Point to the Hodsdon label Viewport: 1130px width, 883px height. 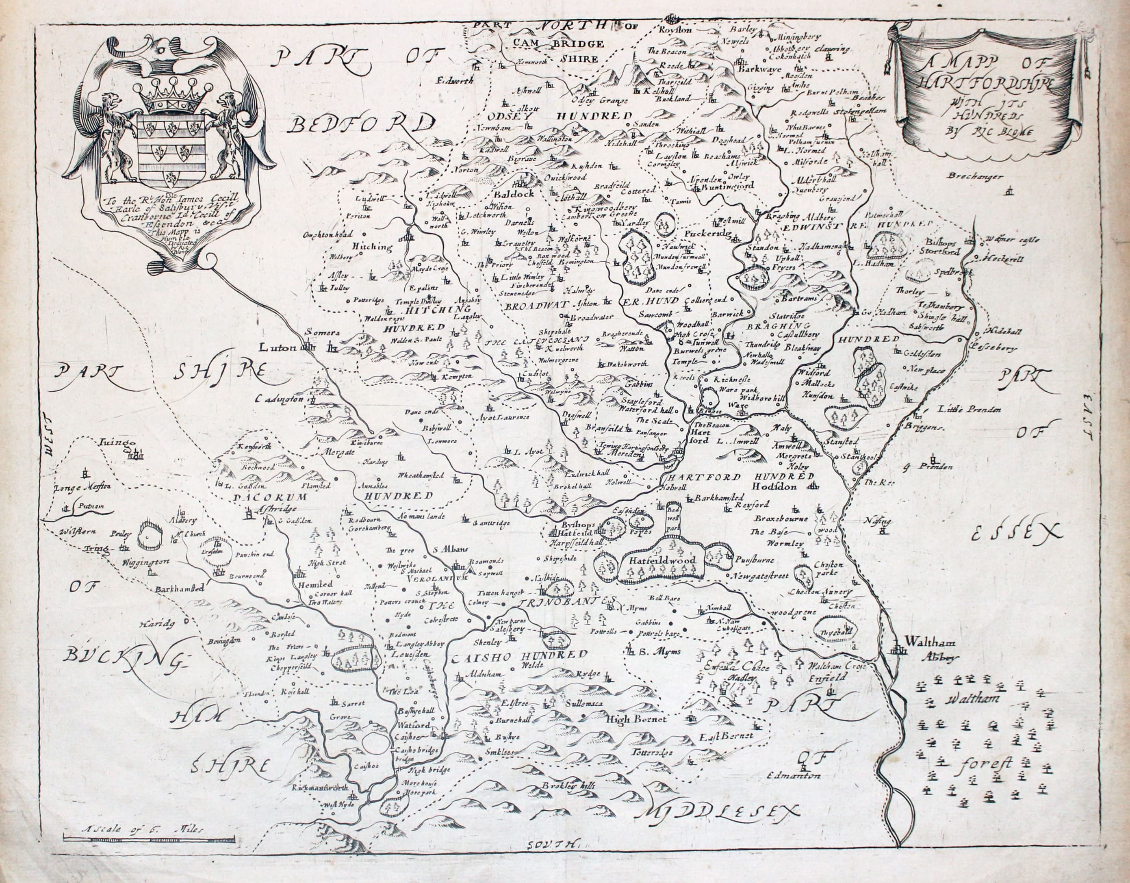pos(774,486)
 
